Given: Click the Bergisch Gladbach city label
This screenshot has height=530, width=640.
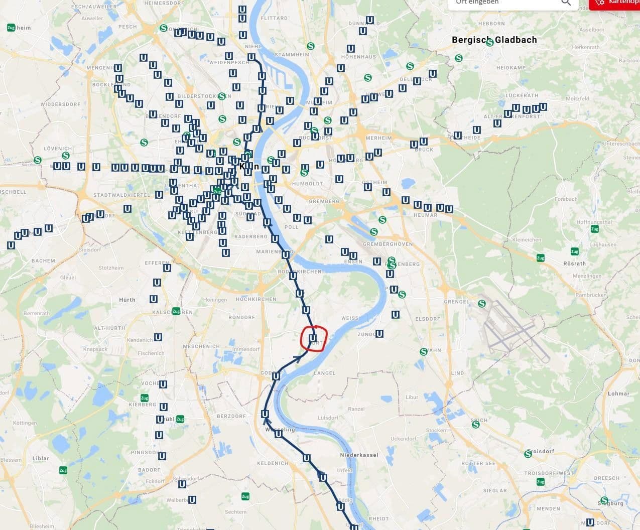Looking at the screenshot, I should click(494, 40).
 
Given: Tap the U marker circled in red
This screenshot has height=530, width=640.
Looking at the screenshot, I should click(313, 338).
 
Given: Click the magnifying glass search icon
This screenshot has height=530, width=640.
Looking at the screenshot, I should click(566, 3).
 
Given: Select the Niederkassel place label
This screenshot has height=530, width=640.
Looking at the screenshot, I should click(359, 455).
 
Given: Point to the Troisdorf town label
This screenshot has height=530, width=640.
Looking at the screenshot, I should click(541, 451).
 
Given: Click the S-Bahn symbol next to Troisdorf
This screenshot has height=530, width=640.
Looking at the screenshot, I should click(528, 454).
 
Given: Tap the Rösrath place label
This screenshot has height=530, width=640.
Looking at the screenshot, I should click(574, 263).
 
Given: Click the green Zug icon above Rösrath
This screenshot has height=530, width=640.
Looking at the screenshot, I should click(574, 251).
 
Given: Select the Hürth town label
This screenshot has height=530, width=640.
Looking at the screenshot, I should click(127, 300).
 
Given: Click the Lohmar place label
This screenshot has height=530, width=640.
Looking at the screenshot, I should click(618, 393).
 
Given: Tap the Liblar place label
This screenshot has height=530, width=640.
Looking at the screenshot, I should click(41, 458).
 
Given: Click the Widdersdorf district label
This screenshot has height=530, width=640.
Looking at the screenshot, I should click(60, 104).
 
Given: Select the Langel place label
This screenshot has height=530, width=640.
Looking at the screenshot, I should click(324, 373).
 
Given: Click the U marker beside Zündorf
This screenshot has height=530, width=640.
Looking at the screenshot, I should click(379, 334).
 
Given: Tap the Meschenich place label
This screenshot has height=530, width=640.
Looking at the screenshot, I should click(201, 346).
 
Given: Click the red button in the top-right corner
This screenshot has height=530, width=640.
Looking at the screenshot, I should click(614, 4).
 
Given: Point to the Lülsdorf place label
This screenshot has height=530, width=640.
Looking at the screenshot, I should click(328, 418).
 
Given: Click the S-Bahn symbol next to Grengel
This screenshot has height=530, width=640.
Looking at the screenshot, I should click(482, 303).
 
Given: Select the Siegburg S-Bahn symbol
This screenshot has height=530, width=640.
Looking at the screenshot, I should click(604, 500).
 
